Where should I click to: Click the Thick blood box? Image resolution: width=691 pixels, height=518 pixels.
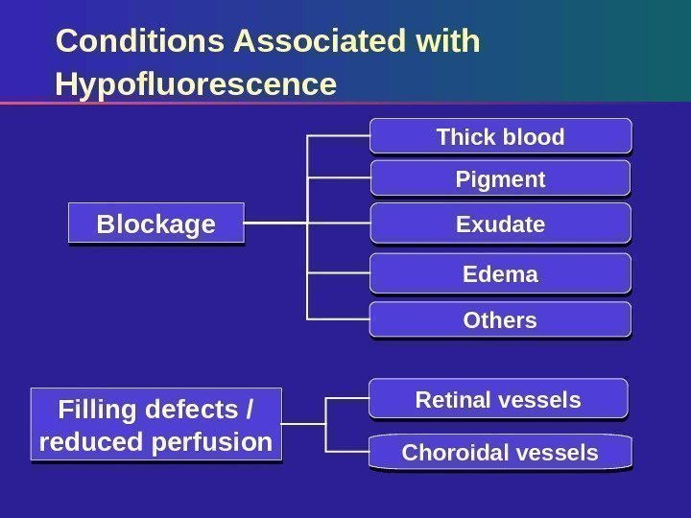pyautogui.click(x=500, y=136)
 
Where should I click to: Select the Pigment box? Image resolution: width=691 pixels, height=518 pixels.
pyautogui.click(x=500, y=179)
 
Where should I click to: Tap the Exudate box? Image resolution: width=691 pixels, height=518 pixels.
pyautogui.click(x=500, y=224)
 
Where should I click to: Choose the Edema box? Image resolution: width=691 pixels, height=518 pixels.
pyautogui.click(x=500, y=274)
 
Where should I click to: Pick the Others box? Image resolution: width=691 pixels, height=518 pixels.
pyautogui.click(x=500, y=319)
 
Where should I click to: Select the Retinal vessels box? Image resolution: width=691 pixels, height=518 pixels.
pyautogui.click(x=498, y=399)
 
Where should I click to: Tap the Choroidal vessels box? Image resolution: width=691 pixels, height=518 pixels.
pyautogui.click(x=500, y=452)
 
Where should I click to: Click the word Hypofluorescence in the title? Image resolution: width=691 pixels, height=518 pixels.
pyautogui.click(x=197, y=85)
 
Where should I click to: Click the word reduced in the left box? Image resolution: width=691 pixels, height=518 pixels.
pyautogui.click(x=90, y=442)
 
